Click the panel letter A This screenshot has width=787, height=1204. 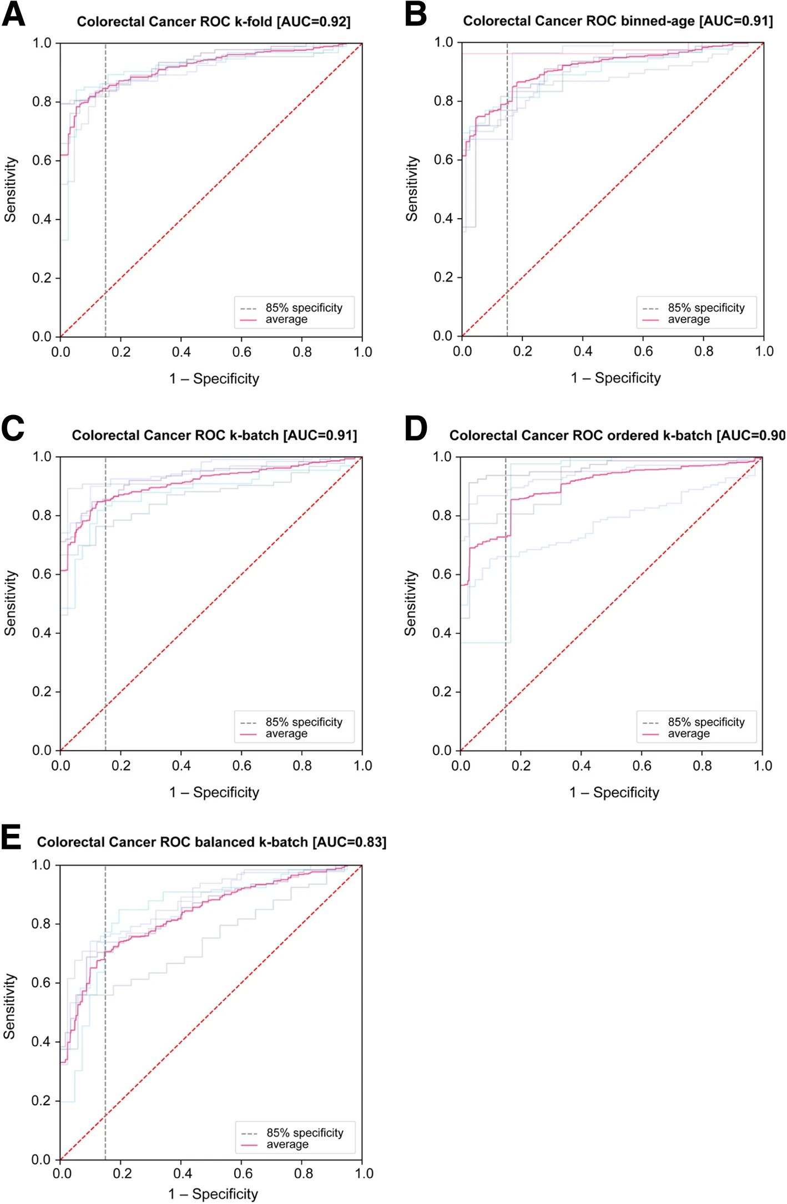13,14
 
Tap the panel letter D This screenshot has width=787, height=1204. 416,429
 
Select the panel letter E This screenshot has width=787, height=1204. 12,837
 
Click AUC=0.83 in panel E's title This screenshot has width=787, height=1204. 350,842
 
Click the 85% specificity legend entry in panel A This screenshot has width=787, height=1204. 304,308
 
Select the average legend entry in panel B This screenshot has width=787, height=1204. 688,320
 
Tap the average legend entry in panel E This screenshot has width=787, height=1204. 287,1145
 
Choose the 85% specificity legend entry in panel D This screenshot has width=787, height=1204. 706,722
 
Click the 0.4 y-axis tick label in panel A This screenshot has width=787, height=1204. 42,219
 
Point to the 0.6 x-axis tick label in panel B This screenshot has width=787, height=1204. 643,351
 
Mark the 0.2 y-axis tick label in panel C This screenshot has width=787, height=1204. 42,692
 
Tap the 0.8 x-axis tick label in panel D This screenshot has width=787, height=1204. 702,766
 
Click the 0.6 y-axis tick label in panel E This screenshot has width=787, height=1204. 41,983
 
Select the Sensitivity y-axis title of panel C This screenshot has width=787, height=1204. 10,603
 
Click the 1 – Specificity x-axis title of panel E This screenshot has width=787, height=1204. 213,1193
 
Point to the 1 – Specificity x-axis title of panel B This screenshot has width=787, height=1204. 616,378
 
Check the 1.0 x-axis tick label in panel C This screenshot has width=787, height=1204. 363,766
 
